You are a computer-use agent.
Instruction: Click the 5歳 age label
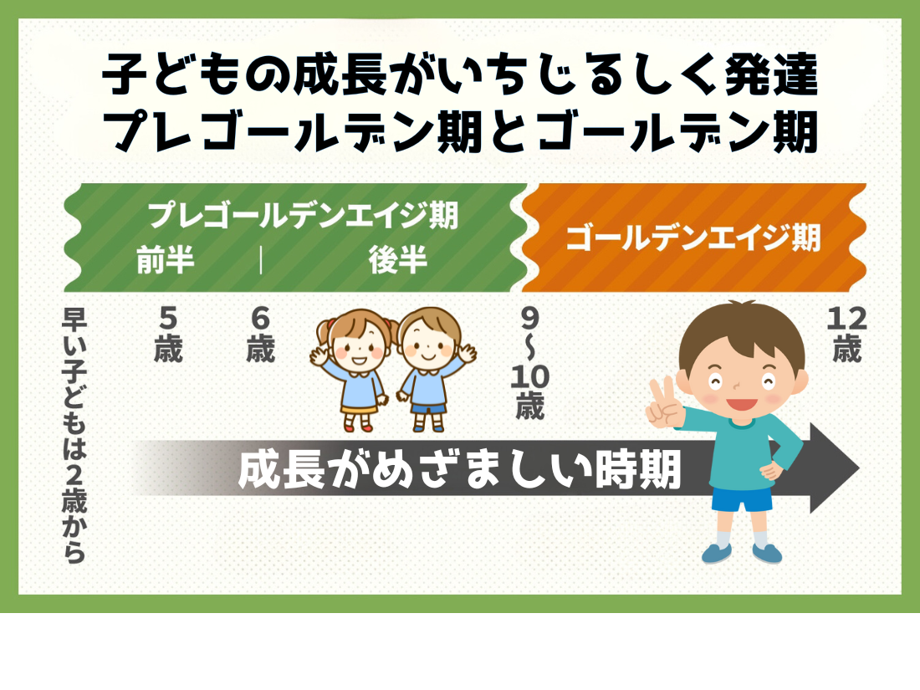[x=168, y=335]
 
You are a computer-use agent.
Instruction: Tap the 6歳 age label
[x=260, y=335]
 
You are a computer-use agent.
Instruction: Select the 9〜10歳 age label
[x=529, y=363]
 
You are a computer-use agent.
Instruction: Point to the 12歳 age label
[x=846, y=335]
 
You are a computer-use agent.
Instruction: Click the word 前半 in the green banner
[x=166, y=260]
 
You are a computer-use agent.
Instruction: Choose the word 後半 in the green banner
[x=398, y=260]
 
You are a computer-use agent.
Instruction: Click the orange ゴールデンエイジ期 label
[x=693, y=238]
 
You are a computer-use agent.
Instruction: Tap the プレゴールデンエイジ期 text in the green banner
[x=303, y=215]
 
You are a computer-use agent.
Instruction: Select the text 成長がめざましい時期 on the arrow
[x=459, y=469]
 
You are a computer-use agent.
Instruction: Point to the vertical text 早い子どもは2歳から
[x=74, y=436]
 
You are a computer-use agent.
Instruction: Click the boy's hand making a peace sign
[x=665, y=402]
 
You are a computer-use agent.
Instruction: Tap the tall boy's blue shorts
[x=742, y=498]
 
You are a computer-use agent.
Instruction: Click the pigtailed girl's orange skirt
[x=359, y=408]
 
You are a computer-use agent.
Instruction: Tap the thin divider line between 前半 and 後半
[x=260, y=260]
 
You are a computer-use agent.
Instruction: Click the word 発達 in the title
[x=771, y=74]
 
